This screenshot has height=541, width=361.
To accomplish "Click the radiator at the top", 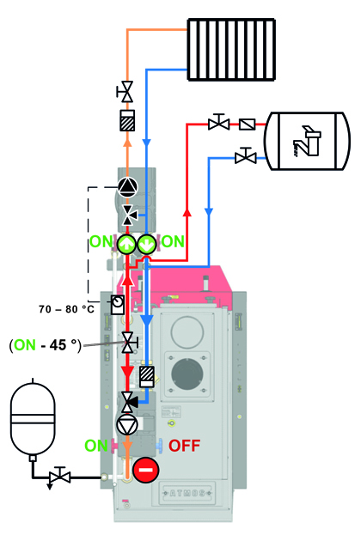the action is pos(231,50).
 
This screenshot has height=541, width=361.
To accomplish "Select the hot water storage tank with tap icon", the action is pos(307,141).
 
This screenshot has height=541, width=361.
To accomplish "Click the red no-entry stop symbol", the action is pos(146,470).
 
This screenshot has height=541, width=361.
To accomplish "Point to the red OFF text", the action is pos(184,446).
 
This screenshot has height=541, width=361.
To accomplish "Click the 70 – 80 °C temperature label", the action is pos(66,309).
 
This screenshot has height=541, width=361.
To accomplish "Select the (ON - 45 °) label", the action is pos(46,345).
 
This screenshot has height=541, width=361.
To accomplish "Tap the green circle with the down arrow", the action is pos(147,244).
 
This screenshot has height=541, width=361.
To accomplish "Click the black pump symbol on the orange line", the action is pos(127,187).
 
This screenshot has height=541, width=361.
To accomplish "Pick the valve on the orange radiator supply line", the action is pos(125,92).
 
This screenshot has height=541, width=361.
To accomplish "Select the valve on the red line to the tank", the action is pos(218,123).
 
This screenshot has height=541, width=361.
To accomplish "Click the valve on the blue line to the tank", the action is pos(246,156).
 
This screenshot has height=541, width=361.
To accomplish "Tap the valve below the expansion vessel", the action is pos(60,477).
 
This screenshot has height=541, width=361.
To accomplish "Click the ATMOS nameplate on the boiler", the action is pos(187,493).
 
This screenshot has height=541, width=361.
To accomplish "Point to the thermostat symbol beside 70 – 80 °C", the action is pos(118,304).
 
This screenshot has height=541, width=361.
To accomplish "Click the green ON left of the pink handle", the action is pos(96,446).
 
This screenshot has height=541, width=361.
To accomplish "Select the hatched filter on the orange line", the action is pos(127,120).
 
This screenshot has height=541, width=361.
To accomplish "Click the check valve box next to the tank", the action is pos(248,124).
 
